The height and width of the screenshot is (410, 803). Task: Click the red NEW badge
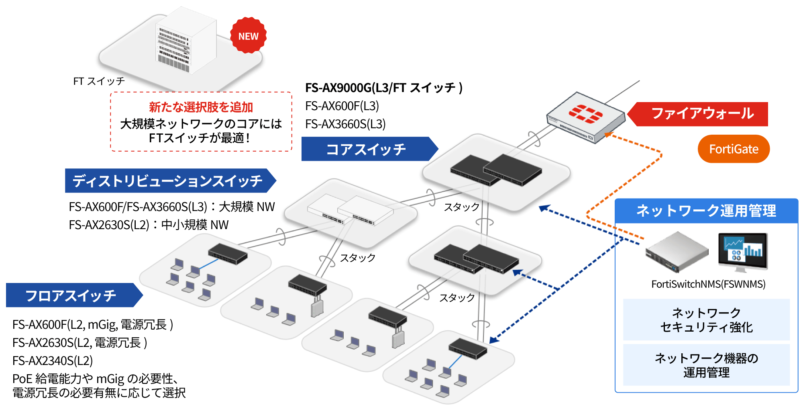248,36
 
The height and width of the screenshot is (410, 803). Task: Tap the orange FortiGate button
733,149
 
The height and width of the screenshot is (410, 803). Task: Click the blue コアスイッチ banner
366,149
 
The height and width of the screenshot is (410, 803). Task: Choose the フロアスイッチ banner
71,295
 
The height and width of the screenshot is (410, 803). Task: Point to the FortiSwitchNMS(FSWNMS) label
708,284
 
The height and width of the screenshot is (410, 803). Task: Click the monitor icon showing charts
743,251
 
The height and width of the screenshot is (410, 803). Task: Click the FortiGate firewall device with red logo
585,117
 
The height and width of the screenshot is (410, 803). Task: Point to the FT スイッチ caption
99,81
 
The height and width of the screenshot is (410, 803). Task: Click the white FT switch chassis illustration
185,42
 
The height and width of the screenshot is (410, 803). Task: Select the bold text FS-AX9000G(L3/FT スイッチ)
383,88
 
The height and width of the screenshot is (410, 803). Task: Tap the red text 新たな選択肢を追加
201,107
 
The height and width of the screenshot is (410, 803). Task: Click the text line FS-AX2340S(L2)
53,361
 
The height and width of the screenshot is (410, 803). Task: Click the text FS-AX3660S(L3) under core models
345,124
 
